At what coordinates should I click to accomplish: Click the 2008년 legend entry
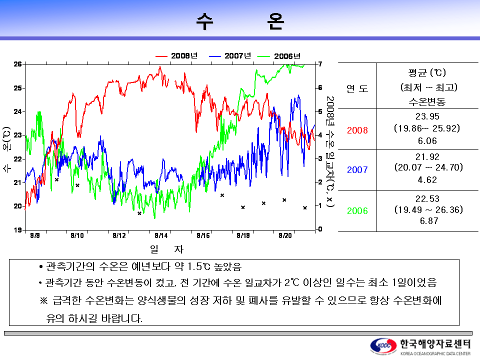point(176,56)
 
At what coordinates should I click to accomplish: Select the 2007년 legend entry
point(230,56)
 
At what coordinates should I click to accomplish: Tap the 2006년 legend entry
point(279,56)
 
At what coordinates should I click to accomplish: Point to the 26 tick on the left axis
point(17,64)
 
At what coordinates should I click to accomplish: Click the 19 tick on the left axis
point(17,230)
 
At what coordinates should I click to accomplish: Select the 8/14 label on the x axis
point(161,235)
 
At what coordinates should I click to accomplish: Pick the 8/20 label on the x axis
point(285,235)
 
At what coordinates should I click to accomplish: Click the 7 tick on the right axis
point(320,64)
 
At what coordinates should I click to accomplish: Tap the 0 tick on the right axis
point(320,229)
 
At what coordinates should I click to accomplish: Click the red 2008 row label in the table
point(357,130)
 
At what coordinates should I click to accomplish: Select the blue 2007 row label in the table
point(357,169)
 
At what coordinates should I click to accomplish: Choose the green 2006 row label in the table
point(357,210)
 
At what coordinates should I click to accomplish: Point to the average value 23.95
point(427,116)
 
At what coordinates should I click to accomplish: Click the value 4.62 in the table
point(427,179)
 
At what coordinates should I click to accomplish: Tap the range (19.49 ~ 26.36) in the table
point(428,209)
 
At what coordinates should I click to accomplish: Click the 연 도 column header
point(357,88)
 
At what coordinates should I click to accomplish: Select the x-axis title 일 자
point(166,249)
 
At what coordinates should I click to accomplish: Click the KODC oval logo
point(383,346)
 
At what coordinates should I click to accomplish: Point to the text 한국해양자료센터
point(435,344)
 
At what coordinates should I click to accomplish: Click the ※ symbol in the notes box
point(44,300)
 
